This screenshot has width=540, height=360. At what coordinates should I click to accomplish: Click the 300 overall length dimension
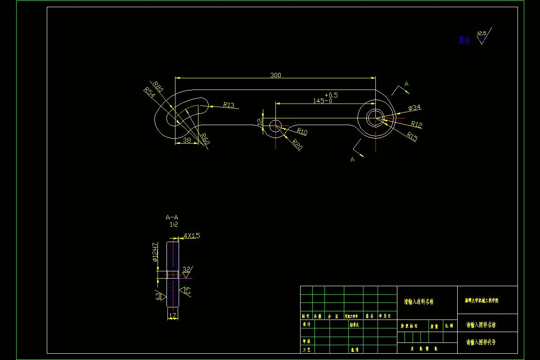tap(275, 75)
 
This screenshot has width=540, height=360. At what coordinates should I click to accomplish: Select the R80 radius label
tap(157, 85)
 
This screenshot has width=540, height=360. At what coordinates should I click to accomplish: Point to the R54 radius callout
tap(149, 92)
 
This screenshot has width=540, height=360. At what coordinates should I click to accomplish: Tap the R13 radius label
tap(229, 105)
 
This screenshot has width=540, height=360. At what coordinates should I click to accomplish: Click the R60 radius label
tap(205, 139)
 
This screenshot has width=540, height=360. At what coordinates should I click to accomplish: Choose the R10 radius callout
tap(301, 132)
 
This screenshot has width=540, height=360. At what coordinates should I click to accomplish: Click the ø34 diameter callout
tap(414, 108)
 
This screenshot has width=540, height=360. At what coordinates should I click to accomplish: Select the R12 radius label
tap(416, 124)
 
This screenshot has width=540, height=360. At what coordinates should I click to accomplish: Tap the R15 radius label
tap(412, 136)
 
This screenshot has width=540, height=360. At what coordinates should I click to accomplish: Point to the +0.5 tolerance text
tap(331, 95)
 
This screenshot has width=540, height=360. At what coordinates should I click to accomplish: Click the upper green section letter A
tap(406, 84)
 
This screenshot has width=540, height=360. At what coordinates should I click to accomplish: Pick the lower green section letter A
tap(352, 159)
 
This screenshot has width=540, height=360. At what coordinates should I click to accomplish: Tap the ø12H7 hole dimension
tap(155, 252)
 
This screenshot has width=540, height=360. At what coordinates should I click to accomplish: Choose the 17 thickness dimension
tap(172, 316)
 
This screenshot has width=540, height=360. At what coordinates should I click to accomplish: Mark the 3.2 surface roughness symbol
tap(187, 269)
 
